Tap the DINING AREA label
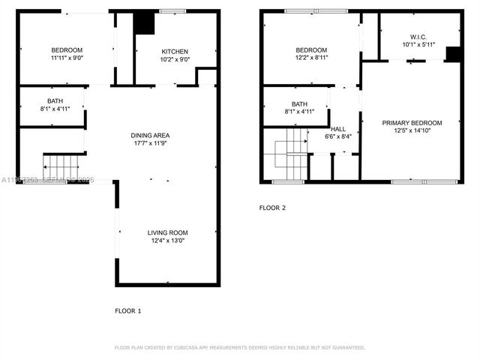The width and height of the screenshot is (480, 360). [151, 135]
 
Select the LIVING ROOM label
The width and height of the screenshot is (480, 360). [167, 232]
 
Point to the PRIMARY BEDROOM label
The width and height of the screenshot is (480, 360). [412, 122]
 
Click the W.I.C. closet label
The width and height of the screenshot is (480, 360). [418, 36]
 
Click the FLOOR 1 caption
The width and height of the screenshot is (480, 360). [127, 310]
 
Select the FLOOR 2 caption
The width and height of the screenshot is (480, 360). [272, 208]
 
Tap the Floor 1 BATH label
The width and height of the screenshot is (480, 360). [55, 101]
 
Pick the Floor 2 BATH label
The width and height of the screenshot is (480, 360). [299, 104]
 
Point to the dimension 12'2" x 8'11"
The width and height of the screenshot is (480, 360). [311, 58]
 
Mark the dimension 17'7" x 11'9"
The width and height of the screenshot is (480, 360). [151, 143]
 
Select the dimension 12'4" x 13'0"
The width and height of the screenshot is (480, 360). [167, 241]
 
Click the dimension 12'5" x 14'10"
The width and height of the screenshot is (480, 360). [412, 130]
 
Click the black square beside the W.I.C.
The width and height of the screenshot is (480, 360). [452, 54]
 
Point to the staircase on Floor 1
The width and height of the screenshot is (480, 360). [61, 165]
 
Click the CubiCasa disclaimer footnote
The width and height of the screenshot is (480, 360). [239, 348]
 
